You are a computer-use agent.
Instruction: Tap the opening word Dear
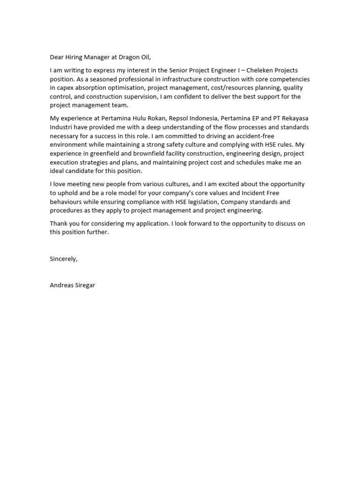tap(57, 58)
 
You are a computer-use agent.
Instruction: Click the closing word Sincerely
tap(63, 259)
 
